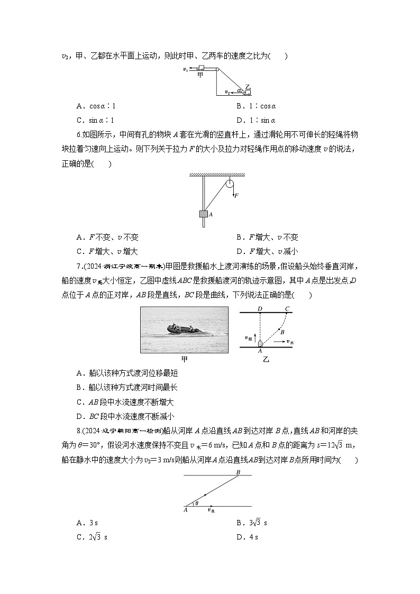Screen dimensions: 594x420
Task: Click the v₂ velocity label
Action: tap(227, 93)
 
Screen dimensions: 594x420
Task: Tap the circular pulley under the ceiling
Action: tap(229, 185)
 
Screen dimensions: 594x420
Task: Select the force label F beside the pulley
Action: tap(236, 195)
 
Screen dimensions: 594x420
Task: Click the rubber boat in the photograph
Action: tap(183, 330)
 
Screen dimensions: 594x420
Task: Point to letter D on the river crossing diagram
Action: tap(260, 308)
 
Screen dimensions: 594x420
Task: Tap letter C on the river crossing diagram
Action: tap(287, 308)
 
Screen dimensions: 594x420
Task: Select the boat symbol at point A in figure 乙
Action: tap(260, 343)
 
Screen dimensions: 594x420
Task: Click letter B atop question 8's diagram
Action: tap(238, 472)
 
